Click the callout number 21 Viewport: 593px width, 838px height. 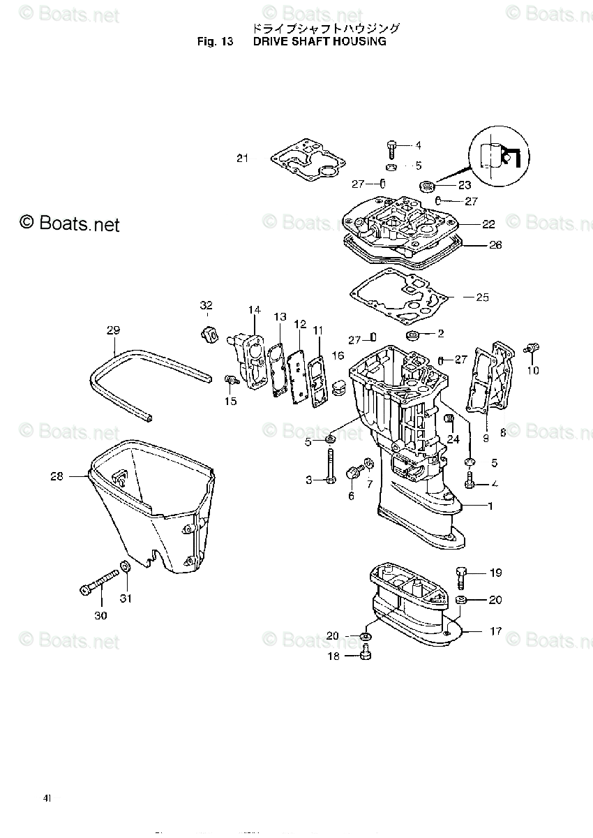point(242,159)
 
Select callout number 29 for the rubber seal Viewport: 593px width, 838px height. point(114,330)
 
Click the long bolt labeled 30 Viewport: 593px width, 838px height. point(98,583)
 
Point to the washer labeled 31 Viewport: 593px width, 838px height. point(126,566)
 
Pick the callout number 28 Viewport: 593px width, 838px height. point(57,476)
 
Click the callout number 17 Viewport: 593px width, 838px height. point(495,631)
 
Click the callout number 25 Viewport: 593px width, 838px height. point(482,297)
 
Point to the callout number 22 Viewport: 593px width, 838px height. point(488,224)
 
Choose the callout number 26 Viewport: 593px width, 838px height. point(495,245)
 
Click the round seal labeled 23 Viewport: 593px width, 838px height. point(426,186)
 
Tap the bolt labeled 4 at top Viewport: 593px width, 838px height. point(391,148)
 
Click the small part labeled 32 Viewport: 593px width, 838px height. point(207,333)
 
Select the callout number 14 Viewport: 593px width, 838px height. point(254,309)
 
